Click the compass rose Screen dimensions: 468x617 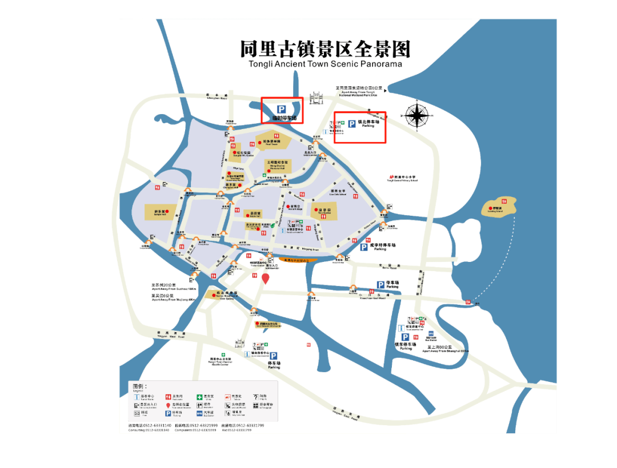pos(419,116)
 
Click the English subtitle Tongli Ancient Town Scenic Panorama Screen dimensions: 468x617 pos(325,64)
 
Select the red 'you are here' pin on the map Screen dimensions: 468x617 pos(265,279)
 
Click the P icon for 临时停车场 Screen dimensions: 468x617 pos(281,109)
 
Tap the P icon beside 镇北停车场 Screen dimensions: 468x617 pos(352,123)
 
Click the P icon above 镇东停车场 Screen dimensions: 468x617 pos(404,337)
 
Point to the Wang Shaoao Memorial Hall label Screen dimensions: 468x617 pos(277,164)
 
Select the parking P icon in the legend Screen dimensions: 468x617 pos(169,413)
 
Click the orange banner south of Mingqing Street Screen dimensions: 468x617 pos(293,260)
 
